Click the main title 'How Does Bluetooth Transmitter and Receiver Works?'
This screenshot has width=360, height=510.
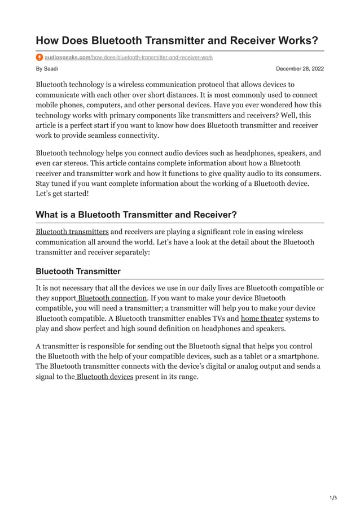[177, 41]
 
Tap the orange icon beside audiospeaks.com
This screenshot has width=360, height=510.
[39, 57]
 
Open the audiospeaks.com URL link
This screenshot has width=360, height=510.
[129, 57]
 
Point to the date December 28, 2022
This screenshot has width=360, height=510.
[300, 68]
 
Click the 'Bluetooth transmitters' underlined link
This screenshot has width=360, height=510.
[72, 232]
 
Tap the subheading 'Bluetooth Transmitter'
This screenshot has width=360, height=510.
[78, 272]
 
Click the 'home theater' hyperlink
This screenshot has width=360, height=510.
[262, 319]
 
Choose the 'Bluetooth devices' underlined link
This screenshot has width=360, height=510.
[104, 377]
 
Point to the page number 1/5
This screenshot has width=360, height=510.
[332, 498]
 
